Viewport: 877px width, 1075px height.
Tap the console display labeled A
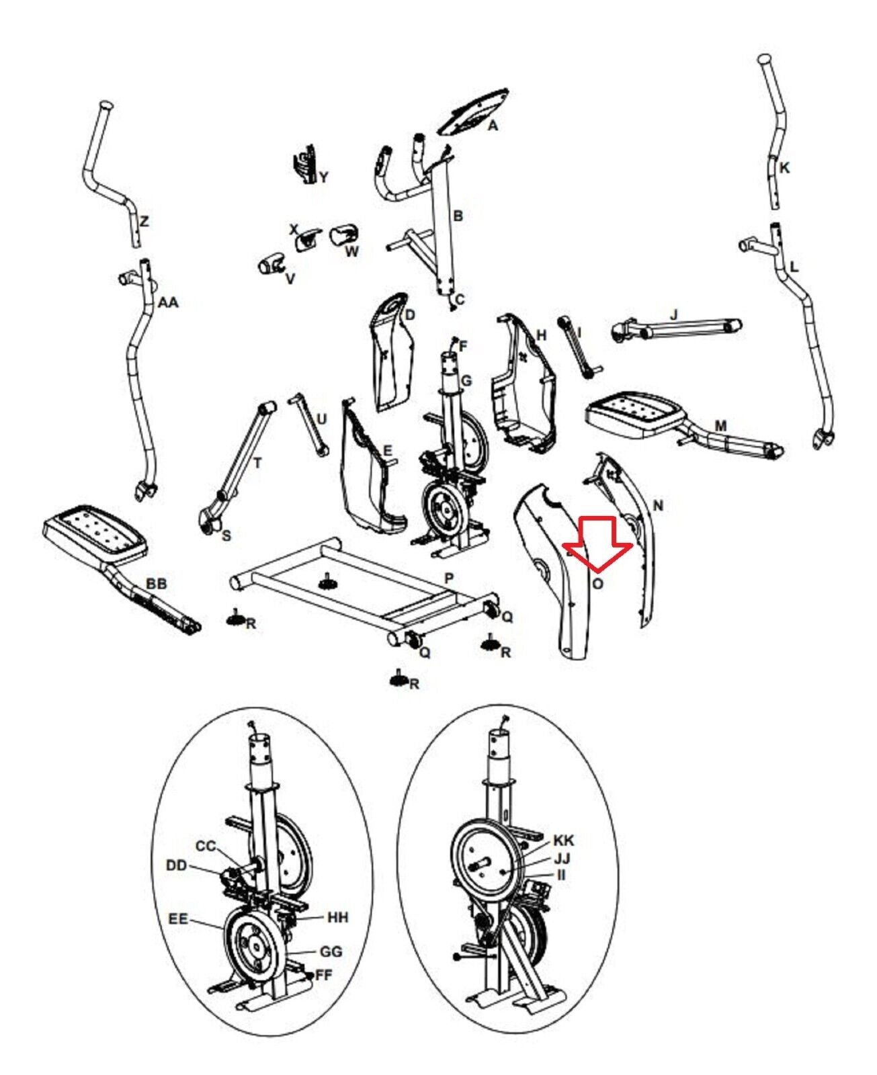[473, 113]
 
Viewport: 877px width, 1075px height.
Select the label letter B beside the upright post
[458, 216]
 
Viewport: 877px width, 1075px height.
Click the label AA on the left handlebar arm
[168, 303]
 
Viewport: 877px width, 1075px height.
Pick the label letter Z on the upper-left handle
[144, 220]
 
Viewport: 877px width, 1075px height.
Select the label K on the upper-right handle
[784, 168]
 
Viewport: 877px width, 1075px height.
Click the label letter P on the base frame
[449, 578]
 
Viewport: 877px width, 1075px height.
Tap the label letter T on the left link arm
[257, 463]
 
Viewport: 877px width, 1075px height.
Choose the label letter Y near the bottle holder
[324, 177]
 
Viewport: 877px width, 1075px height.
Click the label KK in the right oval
[564, 841]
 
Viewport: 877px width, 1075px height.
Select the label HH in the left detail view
[338, 917]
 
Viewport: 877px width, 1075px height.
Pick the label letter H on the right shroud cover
[542, 335]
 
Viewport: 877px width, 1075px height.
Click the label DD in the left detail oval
[176, 865]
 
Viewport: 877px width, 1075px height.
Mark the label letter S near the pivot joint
[226, 535]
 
